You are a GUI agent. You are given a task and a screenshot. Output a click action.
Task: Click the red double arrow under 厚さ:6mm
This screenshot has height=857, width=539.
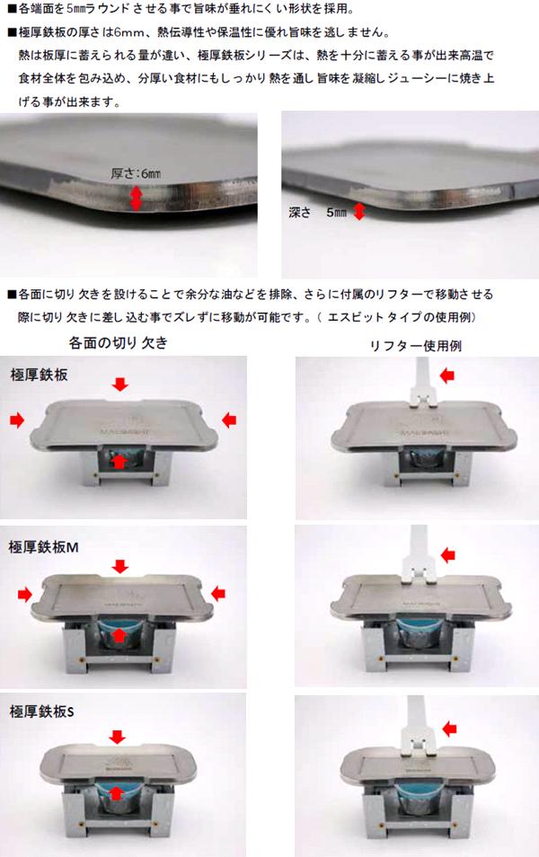pyautogui.click(x=136, y=198)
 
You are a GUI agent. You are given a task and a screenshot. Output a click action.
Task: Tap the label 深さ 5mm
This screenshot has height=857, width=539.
pyautogui.click(x=318, y=212)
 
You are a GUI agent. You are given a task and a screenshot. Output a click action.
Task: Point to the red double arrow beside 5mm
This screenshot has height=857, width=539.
pyautogui.click(x=358, y=211)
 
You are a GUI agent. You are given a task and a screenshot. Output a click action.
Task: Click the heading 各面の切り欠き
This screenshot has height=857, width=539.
pyautogui.click(x=118, y=343)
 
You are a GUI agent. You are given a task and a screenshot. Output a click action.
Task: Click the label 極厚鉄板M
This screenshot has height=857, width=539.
pyautogui.click(x=44, y=547)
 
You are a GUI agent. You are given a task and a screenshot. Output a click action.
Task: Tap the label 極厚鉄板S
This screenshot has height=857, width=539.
pyautogui.click(x=41, y=711)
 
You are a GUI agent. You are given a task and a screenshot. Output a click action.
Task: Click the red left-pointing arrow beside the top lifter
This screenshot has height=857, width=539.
pyautogui.click(x=447, y=375)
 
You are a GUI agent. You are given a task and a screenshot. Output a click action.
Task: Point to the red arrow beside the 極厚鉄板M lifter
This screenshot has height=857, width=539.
pyautogui.click(x=448, y=555)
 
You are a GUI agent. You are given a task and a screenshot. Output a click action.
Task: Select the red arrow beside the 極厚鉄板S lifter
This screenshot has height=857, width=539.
pyautogui.click(x=449, y=729)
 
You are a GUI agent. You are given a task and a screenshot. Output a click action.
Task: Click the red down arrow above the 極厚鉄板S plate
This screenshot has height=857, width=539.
pyautogui.click(x=117, y=737)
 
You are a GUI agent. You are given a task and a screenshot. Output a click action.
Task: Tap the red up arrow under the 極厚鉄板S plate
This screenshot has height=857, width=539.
pyautogui.click(x=115, y=793)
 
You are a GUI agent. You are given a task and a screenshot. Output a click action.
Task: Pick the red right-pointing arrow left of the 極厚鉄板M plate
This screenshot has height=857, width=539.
pyautogui.click(x=24, y=594)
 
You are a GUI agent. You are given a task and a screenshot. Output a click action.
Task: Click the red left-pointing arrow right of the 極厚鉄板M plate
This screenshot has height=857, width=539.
pyautogui.click(x=218, y=594)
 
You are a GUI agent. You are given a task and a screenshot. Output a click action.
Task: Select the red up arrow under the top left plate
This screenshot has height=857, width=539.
pyautogui.click(x=119, y=463)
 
